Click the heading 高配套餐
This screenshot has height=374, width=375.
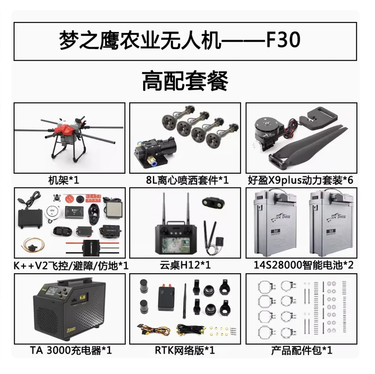coord(185,81)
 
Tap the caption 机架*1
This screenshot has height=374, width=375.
coord(64,180)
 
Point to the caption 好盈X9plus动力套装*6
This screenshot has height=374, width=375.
coord(300,180)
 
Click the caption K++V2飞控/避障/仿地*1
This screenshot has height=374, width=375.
coord(71,266)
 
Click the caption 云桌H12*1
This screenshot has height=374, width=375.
coord(185,265)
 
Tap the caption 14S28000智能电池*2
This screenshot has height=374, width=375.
coord(303,265)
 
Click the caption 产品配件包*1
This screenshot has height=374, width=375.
coord(301,351)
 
